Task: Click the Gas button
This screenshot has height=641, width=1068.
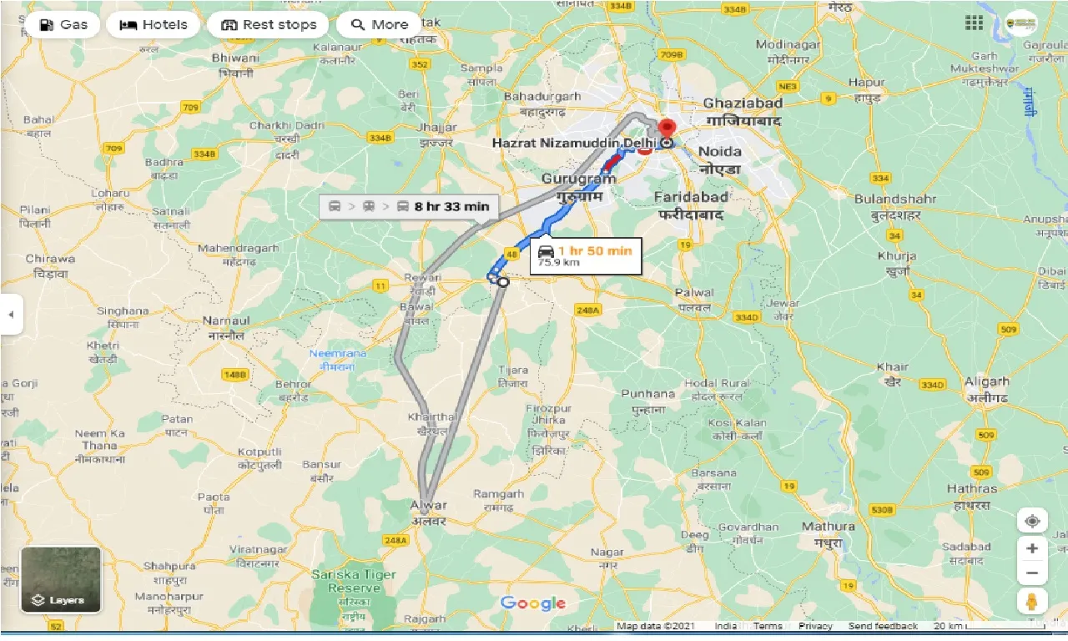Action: (x=63, y=25)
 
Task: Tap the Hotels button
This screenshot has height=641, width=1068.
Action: (x=153, y=25)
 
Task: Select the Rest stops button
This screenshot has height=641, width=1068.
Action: (x=268, y=25)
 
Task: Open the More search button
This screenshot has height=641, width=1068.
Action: (x=378, y=25)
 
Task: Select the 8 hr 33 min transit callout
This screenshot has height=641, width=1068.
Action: (x=409, y=206)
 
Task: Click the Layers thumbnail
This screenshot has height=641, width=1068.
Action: (x=61, y=579)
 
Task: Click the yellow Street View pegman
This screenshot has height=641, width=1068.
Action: (x=1032, y=601)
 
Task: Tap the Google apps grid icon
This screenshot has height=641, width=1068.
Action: (x=973, y=23)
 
